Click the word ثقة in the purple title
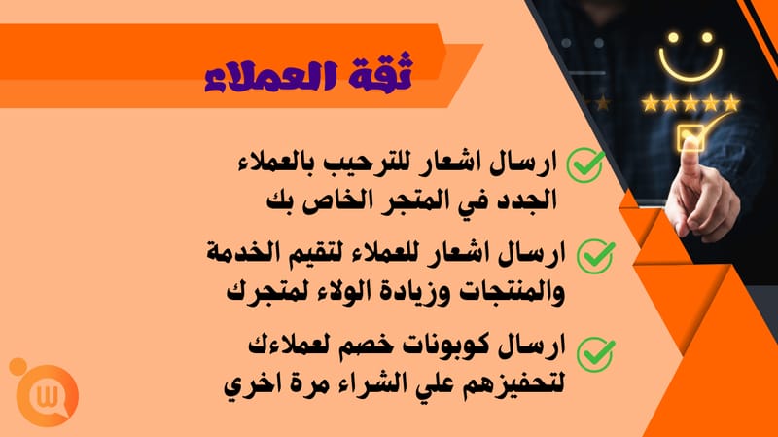click(x=381, y=72)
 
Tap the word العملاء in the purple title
click(x=271, y=77)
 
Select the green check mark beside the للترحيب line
click(x=585, y=164)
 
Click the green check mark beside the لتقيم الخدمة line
click(x=595, y=256)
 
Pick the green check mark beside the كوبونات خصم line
click(x=595, y=353)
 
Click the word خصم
click(x=362, y=346)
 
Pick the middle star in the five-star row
click(x=690, y=103)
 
